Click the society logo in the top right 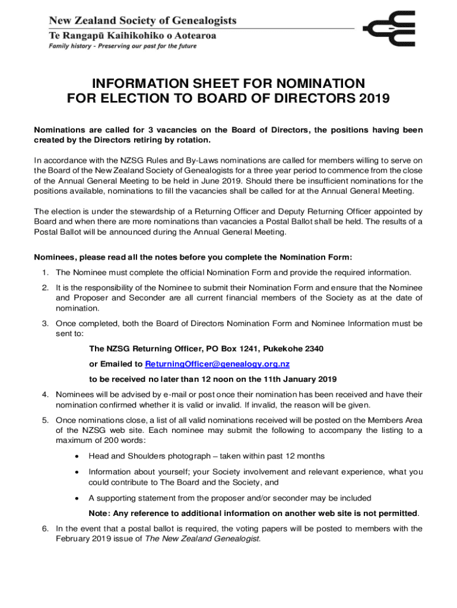389,30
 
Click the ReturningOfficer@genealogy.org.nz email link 217,363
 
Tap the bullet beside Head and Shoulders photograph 77,457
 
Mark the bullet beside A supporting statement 77,498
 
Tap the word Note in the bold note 99,513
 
